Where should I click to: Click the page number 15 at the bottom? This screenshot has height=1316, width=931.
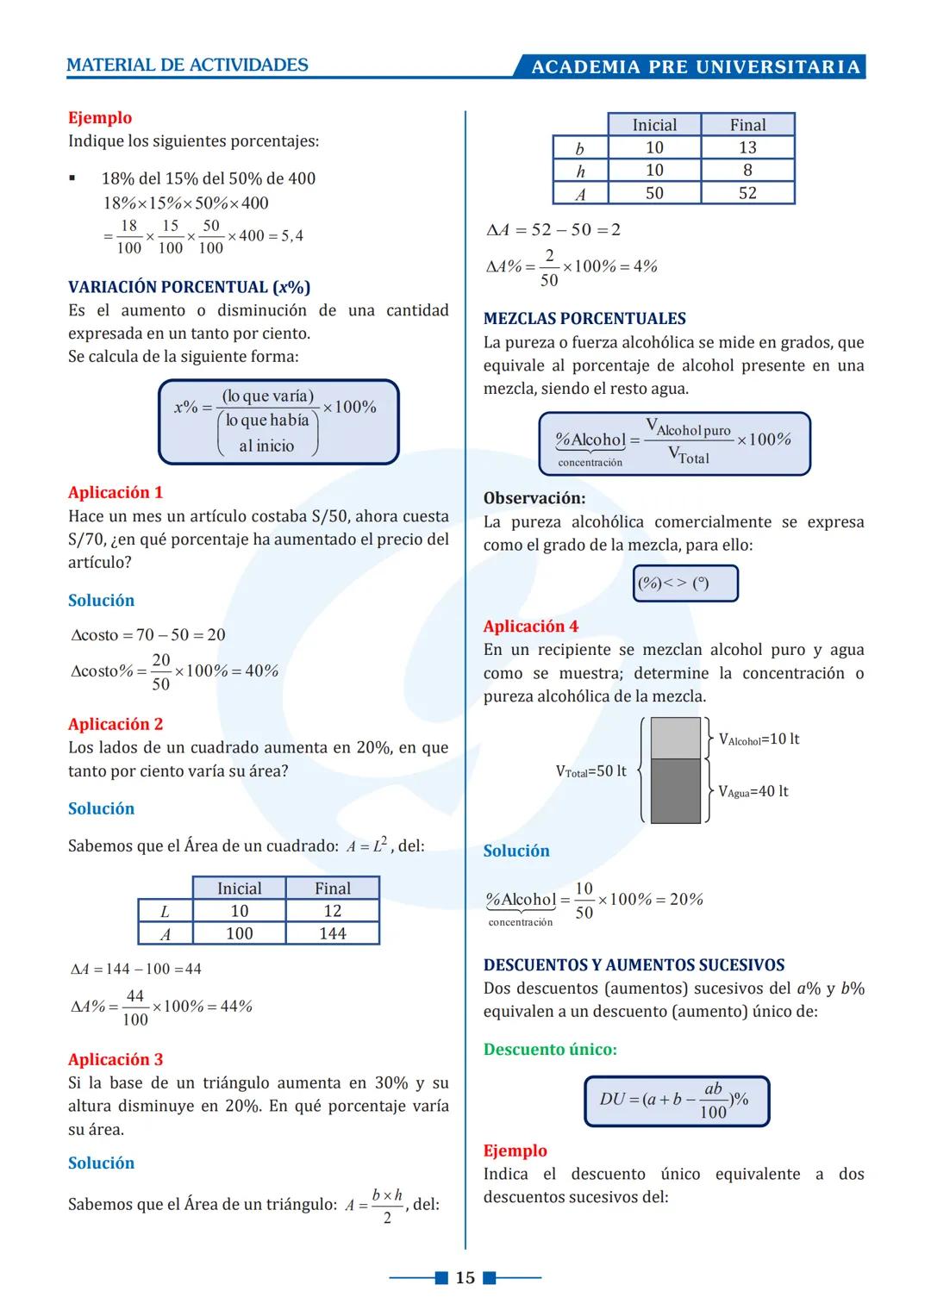[465, 1277]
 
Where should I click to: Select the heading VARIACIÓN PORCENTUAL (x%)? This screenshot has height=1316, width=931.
[189, 287]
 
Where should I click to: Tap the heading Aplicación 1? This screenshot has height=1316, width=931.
[116, 492]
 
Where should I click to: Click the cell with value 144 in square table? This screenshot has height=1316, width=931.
[332, 933]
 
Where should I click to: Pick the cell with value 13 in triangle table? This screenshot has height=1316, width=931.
[747, 147]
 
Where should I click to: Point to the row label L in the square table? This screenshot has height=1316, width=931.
[165, 911]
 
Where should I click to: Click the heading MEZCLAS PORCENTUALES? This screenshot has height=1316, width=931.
[584, 318]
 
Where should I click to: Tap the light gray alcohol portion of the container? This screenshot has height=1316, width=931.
[675, 738]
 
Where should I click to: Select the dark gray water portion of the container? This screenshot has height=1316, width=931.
[675, 790]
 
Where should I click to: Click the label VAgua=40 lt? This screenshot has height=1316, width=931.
[753, 791]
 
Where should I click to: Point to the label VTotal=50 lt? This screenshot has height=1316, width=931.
[590, 770]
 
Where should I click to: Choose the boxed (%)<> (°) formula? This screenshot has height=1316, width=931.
[685, 583]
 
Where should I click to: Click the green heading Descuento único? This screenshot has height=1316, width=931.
[550, 1049]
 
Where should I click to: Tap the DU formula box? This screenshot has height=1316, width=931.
[676, 1101]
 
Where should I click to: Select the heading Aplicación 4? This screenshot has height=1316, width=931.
[530, 626]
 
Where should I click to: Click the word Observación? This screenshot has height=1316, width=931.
[534, 498]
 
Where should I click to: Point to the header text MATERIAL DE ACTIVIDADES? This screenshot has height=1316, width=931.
[187, 65]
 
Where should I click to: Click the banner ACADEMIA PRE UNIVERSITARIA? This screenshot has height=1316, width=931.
[695, 67]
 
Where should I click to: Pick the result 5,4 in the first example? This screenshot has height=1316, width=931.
[292, 236]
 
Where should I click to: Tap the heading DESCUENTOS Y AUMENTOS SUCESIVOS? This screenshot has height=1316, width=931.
[634, 965]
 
